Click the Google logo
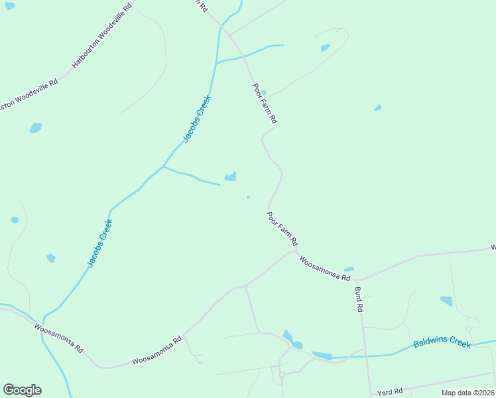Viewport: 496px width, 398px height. pos(22,390)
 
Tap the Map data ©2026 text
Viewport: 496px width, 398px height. pos(468,393)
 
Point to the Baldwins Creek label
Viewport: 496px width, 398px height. pos(442,344)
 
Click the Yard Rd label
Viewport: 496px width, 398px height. pos(390,393)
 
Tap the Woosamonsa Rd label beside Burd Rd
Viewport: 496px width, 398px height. pos(324,269)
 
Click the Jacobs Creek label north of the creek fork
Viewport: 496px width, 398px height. pos(197,119)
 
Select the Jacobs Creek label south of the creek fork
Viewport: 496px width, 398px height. pos(100,243)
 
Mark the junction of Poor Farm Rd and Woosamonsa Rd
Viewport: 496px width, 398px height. pos(294,251)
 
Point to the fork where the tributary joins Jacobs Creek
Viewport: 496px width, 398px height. pos(163,166)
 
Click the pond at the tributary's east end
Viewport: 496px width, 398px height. pos(231,177)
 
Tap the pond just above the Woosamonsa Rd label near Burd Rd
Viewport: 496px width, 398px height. pos(349,269)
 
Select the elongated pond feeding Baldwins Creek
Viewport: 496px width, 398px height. pos(322,356)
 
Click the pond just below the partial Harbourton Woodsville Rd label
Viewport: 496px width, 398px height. pos(35,127)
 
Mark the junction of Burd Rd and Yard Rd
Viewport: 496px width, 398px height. pos(370,391)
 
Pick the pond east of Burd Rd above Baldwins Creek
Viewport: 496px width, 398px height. pos(446,301)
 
